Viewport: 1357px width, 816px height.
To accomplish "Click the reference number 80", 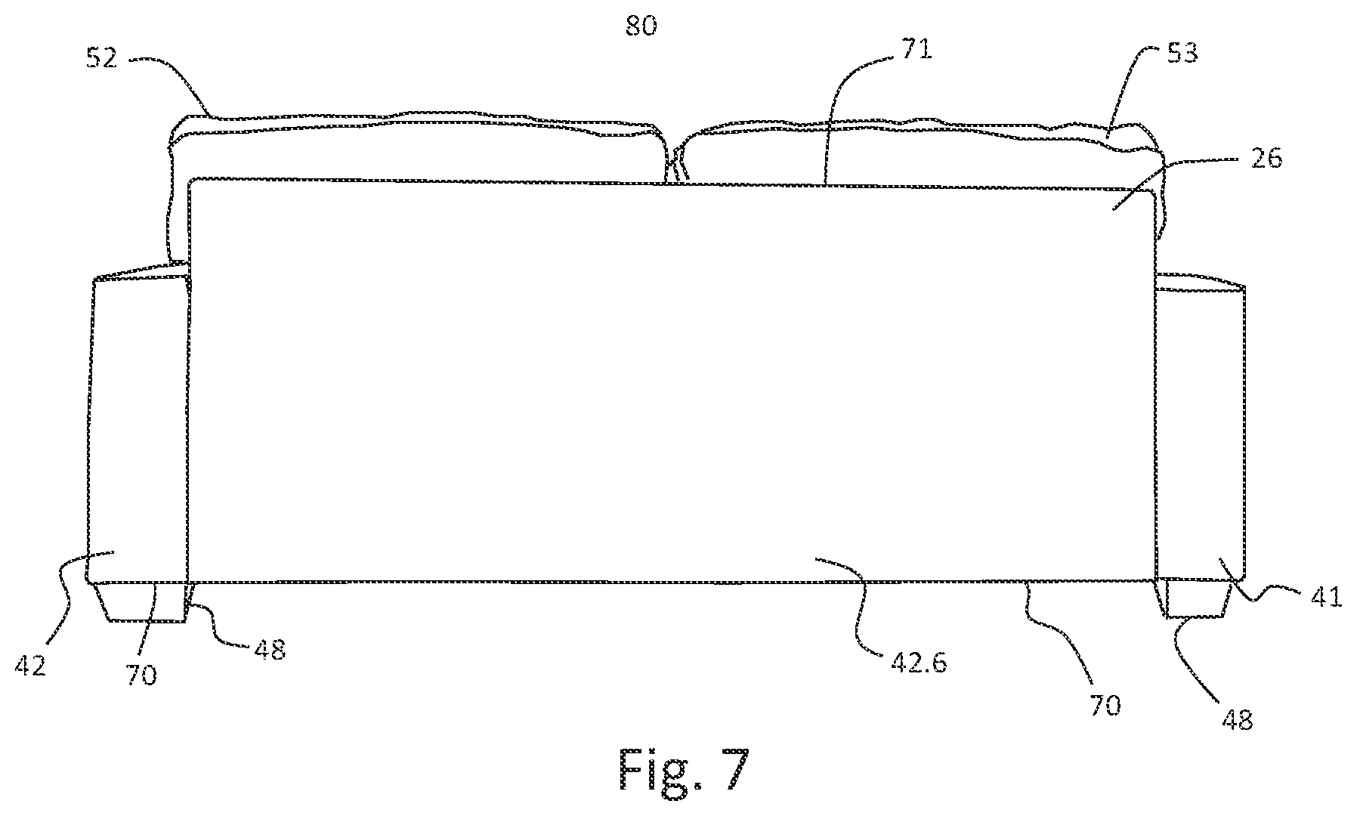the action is (x=641, y=26).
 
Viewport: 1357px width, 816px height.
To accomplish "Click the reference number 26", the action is (x=1266, y=159).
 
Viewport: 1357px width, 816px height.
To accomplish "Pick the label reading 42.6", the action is (x=919, y=663).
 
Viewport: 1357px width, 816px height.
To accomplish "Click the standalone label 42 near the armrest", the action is (x=31, y=665).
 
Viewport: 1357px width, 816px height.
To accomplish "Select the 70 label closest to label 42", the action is (x=141, y=674).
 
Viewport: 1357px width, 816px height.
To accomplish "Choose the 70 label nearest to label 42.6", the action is (x=1104, y=706).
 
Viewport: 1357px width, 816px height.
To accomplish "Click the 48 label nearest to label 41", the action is (x=1237, y=719).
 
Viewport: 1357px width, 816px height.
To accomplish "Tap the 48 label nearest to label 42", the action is (x=270, y=650).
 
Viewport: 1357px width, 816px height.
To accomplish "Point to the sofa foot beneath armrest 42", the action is (x=141, y=602).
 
